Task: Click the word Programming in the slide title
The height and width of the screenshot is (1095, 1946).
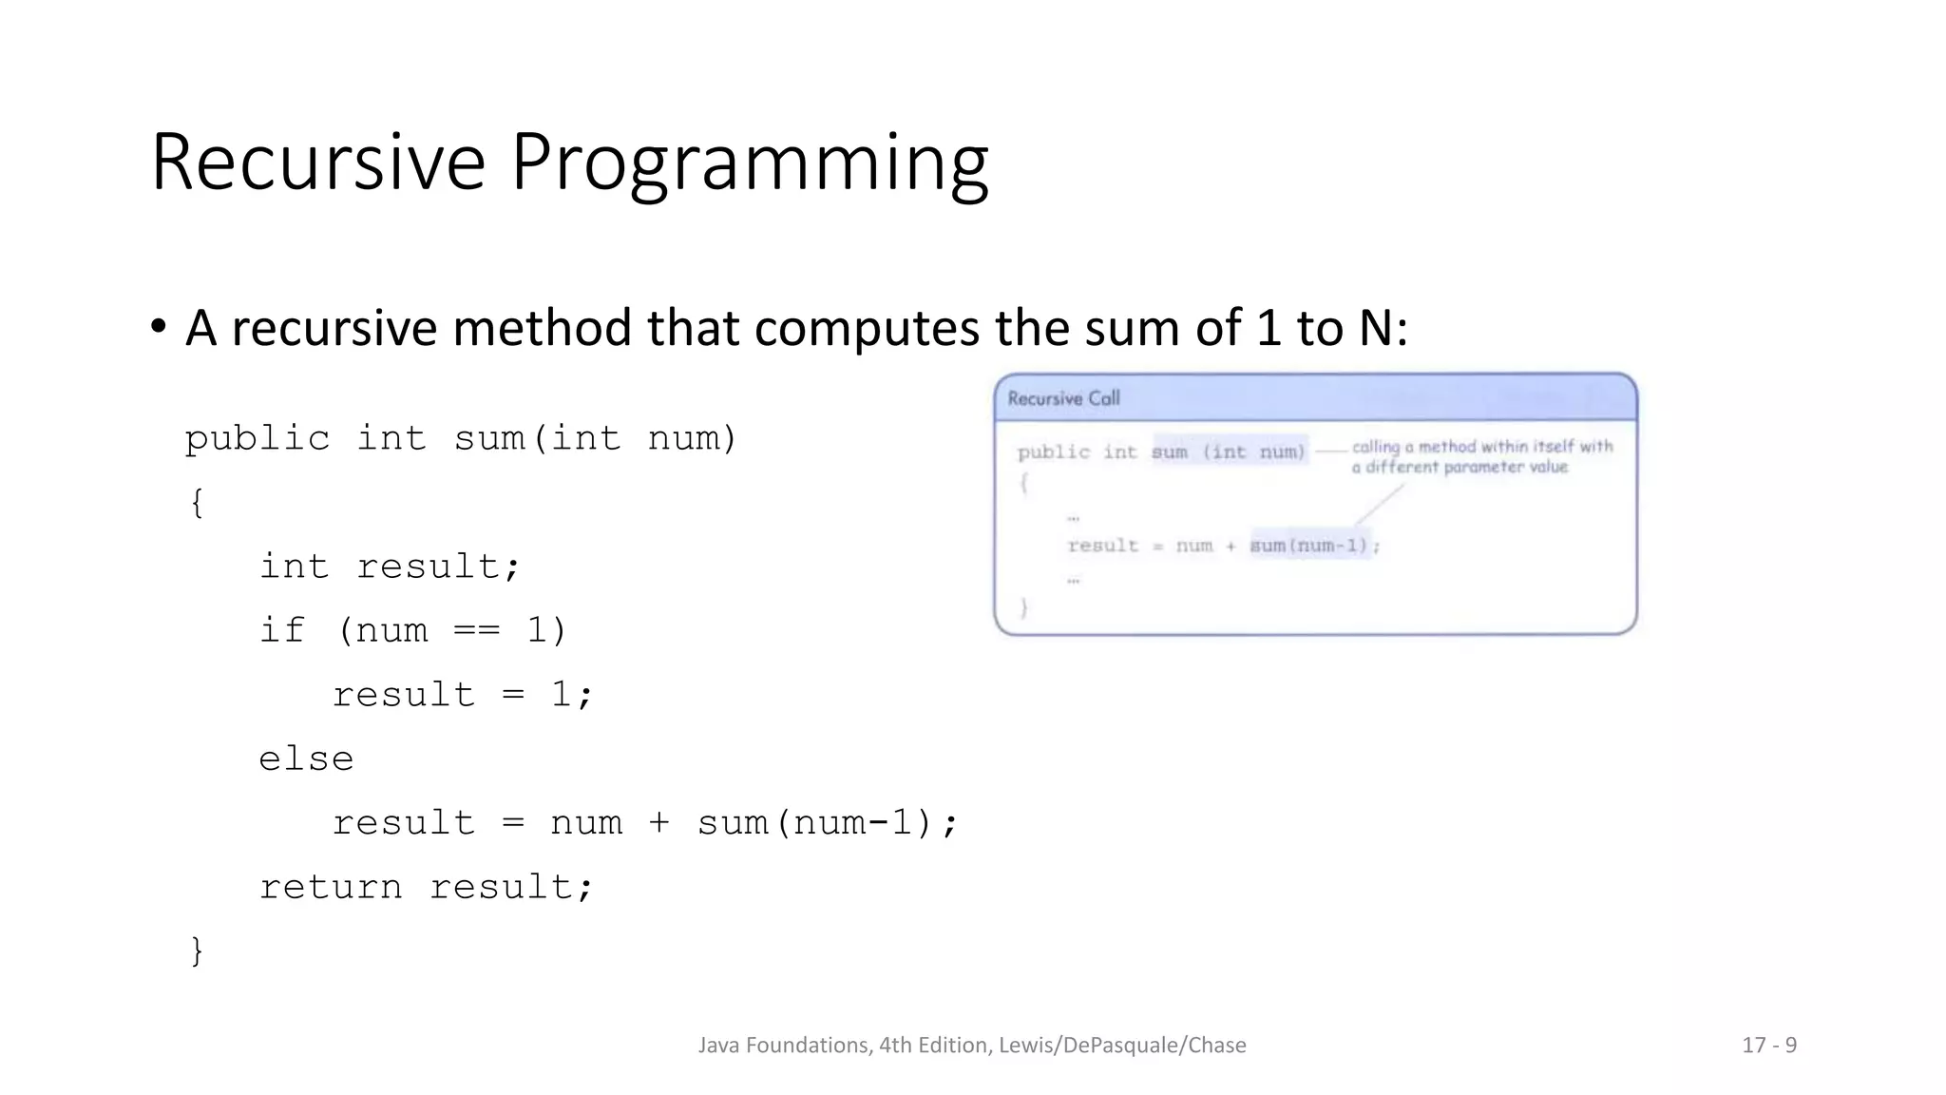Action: (x=750, y=163)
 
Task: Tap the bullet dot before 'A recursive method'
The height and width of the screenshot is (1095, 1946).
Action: (x=159, y=327)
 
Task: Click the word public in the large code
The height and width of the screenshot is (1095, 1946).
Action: (x=257, y=439)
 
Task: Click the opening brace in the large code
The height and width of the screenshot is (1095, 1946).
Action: (x=197, y=502)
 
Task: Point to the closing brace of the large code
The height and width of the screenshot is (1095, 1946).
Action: (x=197, y=951)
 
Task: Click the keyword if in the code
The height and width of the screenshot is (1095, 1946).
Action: (x=282, y=630)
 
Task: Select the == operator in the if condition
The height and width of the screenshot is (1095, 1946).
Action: (x=476, y=631)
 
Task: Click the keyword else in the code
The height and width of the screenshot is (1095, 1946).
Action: (x=306, y=759)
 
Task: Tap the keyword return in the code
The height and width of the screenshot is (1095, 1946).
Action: (x=331, y=887)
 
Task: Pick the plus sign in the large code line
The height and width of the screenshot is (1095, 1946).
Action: (x=658, y=823)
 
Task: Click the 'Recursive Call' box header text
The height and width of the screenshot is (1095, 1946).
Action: (x=1063, y=398)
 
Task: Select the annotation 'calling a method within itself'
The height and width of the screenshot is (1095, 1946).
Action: (x=1481, y=447)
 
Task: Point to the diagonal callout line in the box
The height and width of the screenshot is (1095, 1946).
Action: (x=1380, y=504)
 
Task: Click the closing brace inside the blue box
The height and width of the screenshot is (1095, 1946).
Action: (x=1023, y=607)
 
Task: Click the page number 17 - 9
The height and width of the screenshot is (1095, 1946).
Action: (x=1768, y=1046)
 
